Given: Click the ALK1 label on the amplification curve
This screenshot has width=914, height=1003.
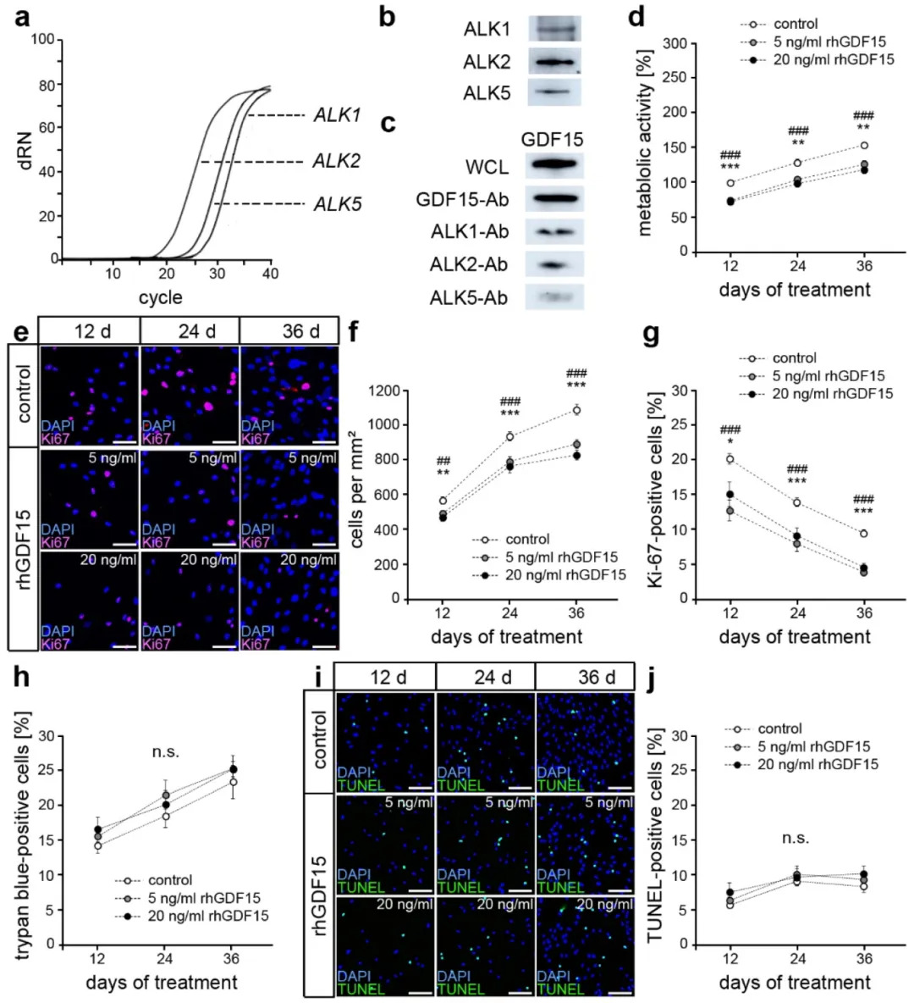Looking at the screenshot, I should [337, 115].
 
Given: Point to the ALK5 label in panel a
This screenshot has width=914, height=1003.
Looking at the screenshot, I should [337, 204].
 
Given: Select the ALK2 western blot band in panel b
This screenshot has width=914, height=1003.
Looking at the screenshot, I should [554, 62].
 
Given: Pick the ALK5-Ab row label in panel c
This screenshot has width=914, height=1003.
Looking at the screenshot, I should [469, 297].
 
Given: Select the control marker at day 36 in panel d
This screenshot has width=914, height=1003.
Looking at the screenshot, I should [864, 146].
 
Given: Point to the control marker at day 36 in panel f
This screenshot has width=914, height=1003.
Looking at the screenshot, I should [576, 410].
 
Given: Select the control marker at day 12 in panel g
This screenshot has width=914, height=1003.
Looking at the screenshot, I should [730, 459].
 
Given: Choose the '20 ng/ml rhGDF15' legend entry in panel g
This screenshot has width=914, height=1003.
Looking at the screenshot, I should [832, 394].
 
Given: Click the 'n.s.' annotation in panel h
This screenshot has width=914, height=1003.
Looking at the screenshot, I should [165, 751].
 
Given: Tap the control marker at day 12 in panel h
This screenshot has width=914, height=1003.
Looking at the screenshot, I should [98, 845].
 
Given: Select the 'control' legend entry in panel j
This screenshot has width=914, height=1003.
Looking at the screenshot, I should [779, 729].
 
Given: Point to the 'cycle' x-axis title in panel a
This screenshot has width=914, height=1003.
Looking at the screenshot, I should [160, 297].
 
